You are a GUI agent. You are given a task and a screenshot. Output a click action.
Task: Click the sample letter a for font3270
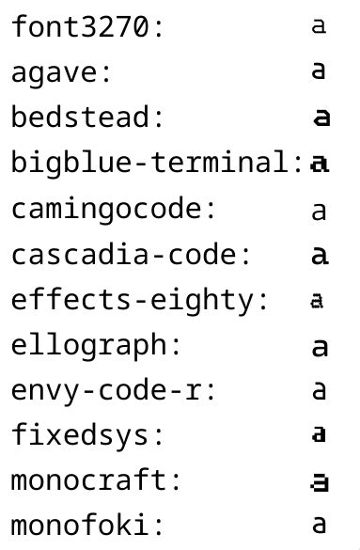pos(319,27)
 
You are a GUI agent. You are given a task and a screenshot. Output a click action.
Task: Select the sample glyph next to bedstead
pos(321,118)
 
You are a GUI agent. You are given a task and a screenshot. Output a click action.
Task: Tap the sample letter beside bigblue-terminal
pos(320,164)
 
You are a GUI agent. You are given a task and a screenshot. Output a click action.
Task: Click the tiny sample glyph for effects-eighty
pos(318,302)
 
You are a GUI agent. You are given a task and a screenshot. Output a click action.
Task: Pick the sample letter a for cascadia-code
pos(320,255)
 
